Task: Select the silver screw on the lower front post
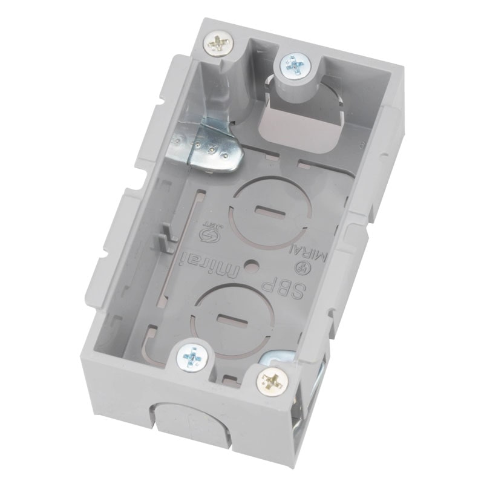coord(192,358)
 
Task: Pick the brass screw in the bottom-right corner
coord(271,381)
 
